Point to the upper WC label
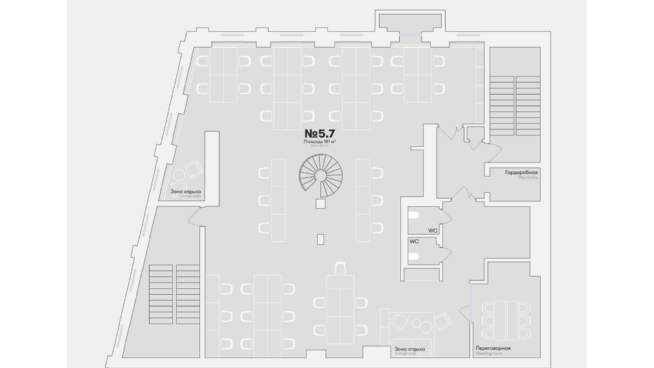432,229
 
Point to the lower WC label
414,241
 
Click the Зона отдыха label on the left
186,191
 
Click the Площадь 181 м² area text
319,142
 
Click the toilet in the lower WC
416,256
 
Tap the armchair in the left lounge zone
192,169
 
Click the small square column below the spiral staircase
319,204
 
